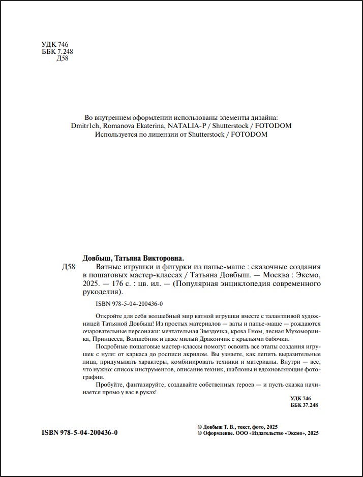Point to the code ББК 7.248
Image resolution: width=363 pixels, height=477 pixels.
(57, 51)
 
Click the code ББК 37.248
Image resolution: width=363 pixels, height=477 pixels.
(305, 406)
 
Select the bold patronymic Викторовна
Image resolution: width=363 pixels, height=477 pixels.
(161, 258)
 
